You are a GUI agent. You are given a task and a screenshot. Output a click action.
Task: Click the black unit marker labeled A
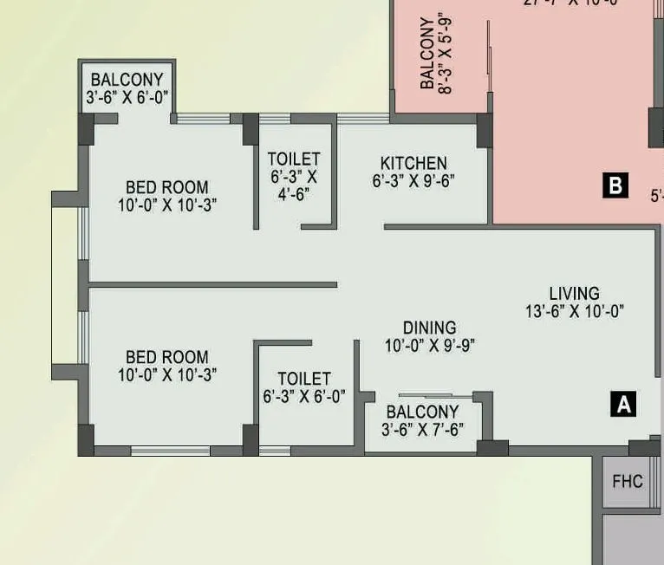[623, 403]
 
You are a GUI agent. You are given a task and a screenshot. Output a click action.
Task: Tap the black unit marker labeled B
[615, 185]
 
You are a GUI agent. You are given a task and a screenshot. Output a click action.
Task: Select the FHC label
[628, 480]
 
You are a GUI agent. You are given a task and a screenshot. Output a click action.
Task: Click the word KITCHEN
[413, 163]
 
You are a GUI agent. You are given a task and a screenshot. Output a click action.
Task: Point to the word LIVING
[574, 293]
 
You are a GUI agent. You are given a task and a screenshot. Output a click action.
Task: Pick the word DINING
[429, 328]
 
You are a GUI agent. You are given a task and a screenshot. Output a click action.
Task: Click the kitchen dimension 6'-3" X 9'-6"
[413, 181]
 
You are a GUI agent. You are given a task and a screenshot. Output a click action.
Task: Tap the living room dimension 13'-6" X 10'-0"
[575, 311]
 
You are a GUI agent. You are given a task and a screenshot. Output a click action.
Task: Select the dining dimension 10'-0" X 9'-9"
[430, 345]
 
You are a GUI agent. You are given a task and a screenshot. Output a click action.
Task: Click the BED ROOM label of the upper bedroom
[167, 187]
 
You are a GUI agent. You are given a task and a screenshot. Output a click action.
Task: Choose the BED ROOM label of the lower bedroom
[167, 357]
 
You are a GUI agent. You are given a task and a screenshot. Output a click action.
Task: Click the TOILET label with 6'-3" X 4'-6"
[294, 159]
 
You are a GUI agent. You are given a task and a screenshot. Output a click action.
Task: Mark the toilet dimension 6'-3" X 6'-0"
[304, 397]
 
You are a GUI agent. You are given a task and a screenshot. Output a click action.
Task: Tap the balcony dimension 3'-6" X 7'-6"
[422, 429]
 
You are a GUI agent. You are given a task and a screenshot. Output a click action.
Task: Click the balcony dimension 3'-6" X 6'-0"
[127, 97]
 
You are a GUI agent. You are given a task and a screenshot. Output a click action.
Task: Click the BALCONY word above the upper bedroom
[127, 80]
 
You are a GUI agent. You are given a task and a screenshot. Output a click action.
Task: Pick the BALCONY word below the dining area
[422, 412]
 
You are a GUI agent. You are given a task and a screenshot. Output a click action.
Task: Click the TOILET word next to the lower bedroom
[304, 379]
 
